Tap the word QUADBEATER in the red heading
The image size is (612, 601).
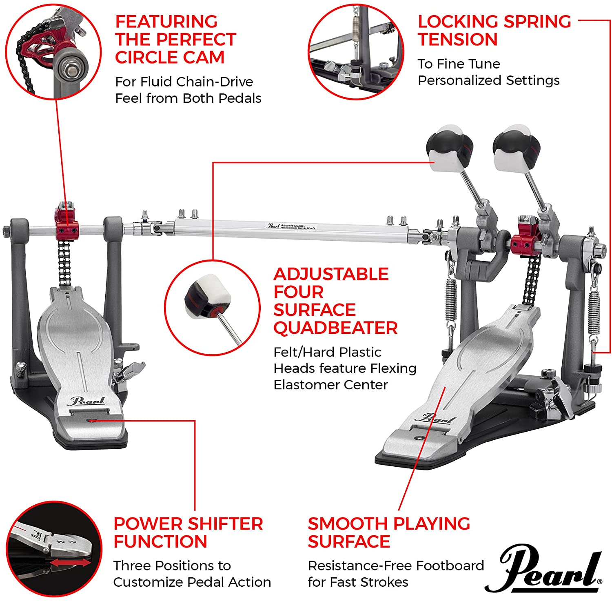(335, 328)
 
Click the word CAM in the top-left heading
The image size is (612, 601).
(204, 58)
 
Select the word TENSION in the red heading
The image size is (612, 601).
(457, 40)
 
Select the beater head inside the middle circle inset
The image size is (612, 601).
(208, 296)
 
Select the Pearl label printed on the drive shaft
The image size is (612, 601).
(273, 225)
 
